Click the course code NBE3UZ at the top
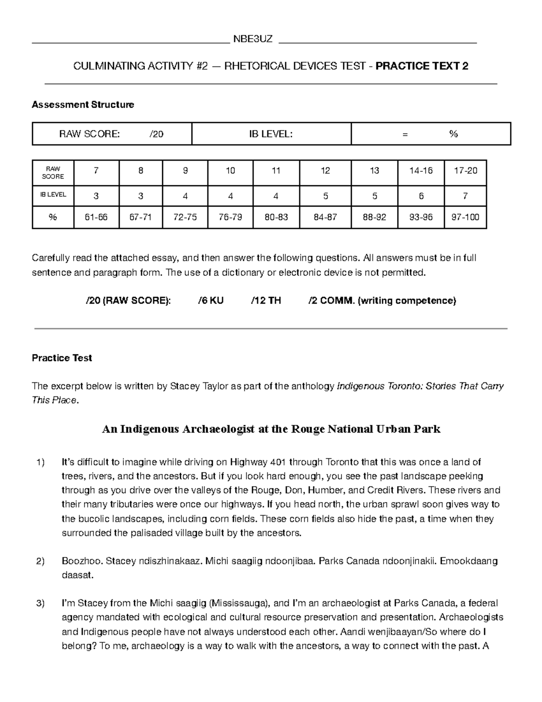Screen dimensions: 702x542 click(253, 39)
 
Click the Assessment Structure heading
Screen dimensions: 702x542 click(83, 104)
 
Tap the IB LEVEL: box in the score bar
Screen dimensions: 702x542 click(271, 134)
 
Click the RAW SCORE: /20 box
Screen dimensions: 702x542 click(112, 134)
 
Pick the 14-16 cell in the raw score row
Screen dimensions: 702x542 click(421, 171)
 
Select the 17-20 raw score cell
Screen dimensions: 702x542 click(465, 171)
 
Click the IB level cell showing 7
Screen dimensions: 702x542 click(465, 196)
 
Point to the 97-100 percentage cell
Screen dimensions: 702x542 click(465, 217)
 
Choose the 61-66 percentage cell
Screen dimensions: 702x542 click(96, 217)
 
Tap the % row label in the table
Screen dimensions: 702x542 click(53, 217)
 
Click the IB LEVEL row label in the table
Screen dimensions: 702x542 click(53, 195)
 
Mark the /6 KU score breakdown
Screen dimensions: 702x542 click(210, 301)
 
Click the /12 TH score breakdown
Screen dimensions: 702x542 click(266, 301)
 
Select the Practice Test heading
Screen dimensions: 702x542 click(62, 358)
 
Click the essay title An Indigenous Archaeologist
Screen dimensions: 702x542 click(271, 429)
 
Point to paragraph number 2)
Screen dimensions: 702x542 click(41, 561)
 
